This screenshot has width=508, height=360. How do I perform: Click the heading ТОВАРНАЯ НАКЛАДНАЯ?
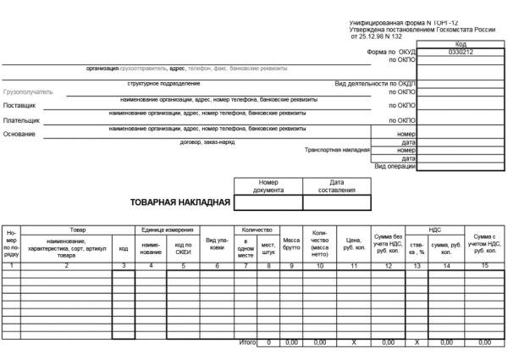point(179,202)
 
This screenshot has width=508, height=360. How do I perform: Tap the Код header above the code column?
point(461,44)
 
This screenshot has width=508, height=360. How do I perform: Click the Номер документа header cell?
point(268,186)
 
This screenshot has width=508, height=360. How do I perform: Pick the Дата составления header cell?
point(337,186)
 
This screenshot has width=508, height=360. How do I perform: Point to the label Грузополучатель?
point(28,91)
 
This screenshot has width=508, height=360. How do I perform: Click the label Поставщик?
point(20,106)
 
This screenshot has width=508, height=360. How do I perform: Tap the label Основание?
point(20,134)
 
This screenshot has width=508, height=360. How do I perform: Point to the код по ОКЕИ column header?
point(183,248)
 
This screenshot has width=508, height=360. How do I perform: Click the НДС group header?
point(434,230)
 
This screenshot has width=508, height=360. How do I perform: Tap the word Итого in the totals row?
point(247,342)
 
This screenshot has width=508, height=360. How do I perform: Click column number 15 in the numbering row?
point(484,266)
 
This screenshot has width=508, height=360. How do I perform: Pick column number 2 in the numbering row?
point(66,266)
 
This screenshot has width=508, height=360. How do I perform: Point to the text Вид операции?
point(395,166)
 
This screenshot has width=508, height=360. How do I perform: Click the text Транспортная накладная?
point(338,150)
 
